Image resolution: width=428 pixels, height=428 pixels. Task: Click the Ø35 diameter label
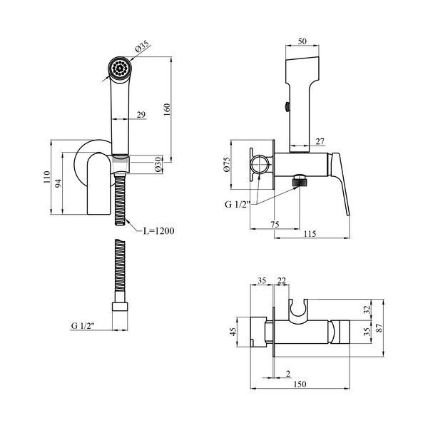(x=142, y=46)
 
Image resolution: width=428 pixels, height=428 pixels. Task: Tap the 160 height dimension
(x=166, y=109)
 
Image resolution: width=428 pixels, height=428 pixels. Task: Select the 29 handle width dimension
(x=141, y=115)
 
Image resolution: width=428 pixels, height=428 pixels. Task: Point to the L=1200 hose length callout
(x=158, y=231)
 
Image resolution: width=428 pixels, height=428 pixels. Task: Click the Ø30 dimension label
(x=158, y=165)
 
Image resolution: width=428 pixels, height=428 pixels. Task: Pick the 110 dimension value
(x=46, y=177)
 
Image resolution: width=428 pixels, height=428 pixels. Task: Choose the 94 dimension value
(x=58, y=183)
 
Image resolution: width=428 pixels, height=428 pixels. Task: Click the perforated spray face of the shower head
(x=120, y=68)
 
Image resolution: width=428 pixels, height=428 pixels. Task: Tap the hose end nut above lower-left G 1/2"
(x=120, y=306)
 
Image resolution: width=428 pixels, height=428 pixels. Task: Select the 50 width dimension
(x=302, y=41)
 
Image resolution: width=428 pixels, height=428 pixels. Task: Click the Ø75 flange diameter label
(x=227, y=164)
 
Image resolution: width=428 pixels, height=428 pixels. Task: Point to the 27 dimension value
(x=320, y=141)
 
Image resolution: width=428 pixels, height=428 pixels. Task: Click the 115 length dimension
(x=310, y=234)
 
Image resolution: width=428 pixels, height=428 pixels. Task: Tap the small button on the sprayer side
(x=287, y=106)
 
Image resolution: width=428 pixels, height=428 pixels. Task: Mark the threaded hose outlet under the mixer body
(x=300, y=181)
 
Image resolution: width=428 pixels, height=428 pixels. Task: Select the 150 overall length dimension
(x=300, y=384)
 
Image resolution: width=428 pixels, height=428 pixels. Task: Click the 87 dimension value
(x=379, y=328)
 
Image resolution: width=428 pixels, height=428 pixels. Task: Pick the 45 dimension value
(x=233, y=332)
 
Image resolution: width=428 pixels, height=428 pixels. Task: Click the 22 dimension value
(x=282, y=280)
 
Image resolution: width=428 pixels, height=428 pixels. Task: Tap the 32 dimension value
(x=367, y=310)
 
